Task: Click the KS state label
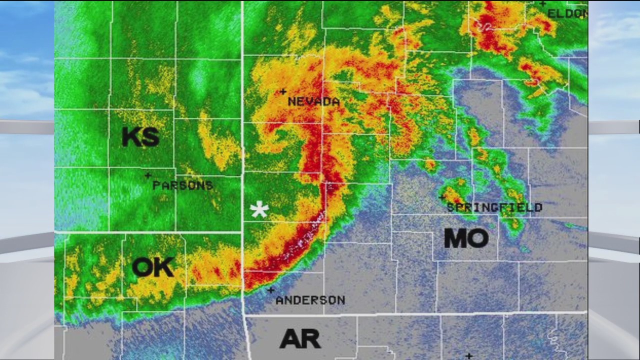(140, 136)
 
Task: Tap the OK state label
(153, 267)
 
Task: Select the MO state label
(466, 238)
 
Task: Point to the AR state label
(300, 339)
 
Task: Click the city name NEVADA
(313, 101)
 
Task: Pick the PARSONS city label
(182, 185)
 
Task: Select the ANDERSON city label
(310, 300)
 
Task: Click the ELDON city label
(567, 13)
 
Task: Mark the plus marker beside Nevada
(283, 91)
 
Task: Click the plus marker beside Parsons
(147, 175)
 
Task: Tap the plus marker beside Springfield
(441, 197)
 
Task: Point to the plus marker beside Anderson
(270, 290)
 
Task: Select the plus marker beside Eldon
(542, 4)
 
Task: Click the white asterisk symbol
(259, 210)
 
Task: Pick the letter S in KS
(150, 136)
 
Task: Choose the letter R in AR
(311, 339)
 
